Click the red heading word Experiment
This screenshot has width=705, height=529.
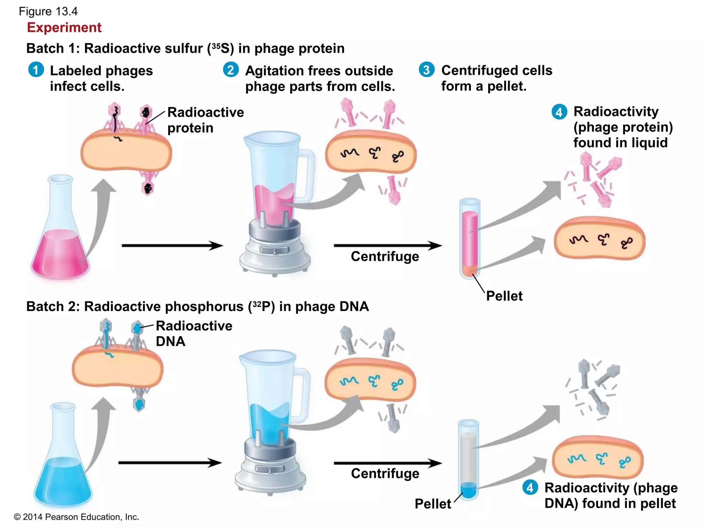pyautogui.click(x=64, y=28)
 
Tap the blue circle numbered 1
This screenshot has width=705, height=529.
pyautogui.click(x=36, y=70)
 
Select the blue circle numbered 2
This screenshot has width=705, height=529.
pyautogui.click(x=231, y=70)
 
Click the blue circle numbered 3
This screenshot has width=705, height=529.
pyautogui.click(x=427, y=70)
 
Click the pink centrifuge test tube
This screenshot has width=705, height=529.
pyautogui.click(x=470, y=238)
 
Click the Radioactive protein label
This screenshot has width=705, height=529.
pyautogui.click(x=205, y=120)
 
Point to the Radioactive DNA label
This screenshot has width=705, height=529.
pyautogui.click(x=194, y=333)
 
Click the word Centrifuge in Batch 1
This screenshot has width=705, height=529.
pyautogui.click(x=385, y=257)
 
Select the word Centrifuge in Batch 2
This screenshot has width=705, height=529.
pyautogui.click(x=385, y=474)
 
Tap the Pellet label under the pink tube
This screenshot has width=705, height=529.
pyautogui.click(x=504, y=296)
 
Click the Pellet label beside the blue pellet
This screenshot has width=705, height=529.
pyautogui.click(x=433, y=504)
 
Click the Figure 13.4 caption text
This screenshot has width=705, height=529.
pyautogui.click(x=48, y=11)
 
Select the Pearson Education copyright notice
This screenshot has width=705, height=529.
pyautogui.click(x=76, y=517)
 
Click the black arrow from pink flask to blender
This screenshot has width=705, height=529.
pyautogui.click(x=172, y=246)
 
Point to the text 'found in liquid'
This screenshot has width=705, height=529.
pyautogui.click(x=620, y=143)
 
